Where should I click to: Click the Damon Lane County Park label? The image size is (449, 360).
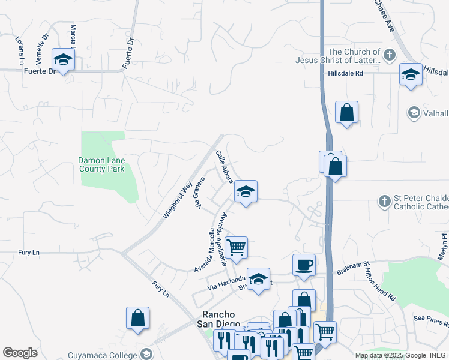point(101,164)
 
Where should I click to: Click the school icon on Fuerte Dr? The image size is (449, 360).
point(63,59)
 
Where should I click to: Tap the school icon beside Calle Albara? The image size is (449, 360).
point(246,192)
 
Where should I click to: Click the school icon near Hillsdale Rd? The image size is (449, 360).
point(411,75)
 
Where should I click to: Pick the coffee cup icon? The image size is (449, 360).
point(304,265)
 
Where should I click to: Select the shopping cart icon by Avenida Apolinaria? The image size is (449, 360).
point(236,246)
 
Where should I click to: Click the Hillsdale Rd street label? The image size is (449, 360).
point(346,73)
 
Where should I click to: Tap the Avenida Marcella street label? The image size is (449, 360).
point(205,251)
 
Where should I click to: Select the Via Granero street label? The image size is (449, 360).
point(199,193)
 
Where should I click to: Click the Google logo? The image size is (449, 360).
point(20,353)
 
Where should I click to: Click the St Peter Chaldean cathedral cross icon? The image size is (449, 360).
point(385,200)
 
